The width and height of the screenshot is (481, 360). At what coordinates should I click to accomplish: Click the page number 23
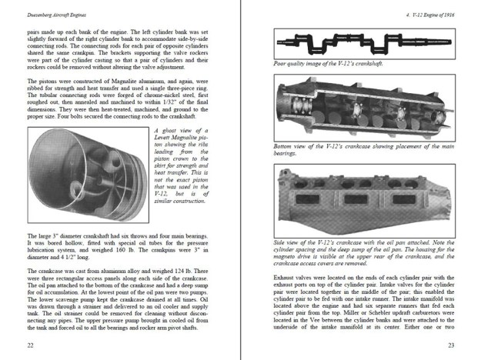pos(452,345)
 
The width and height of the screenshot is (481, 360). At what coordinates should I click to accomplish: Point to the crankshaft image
pos(360,41)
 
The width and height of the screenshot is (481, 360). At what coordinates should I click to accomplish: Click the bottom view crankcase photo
pos(360,112)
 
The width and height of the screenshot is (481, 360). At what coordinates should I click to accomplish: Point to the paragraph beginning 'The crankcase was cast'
pos(120,301)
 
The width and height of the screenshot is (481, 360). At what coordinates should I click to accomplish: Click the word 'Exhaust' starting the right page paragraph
pos(286,275)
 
